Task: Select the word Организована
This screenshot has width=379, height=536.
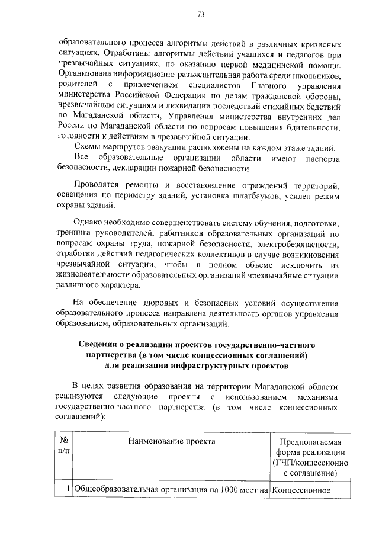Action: pos(84,75)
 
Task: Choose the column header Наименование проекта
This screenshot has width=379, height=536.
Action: pos(171,441)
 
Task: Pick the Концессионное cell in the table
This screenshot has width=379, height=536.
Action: pos(304,490)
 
